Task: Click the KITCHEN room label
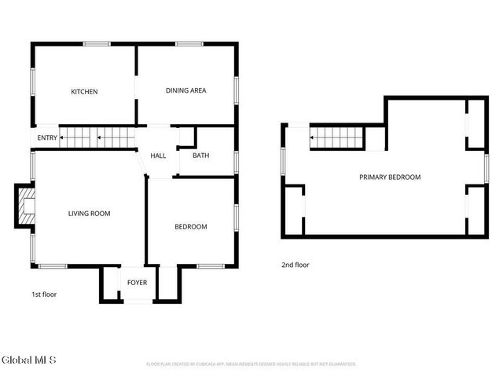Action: point(84,92)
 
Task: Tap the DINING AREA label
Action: point(185,91)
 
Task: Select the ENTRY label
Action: point(47,139)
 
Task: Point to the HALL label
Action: point(158,156)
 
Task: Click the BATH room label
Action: point(201,156)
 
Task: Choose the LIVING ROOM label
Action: point(89,214)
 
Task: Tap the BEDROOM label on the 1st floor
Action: point(190,227)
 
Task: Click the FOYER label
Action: point(138,282)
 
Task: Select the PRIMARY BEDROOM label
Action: point(390,178)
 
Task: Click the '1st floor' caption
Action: point(44,295)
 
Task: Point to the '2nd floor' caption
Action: point(296,265)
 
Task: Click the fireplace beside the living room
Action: point(25,206)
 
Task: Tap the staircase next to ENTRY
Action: point(98,138)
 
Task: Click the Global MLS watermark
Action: point(29,361)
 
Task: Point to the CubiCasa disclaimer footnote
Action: point(251,364)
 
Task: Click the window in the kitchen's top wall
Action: point(97,44)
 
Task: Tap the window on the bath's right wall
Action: point(236,161)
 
